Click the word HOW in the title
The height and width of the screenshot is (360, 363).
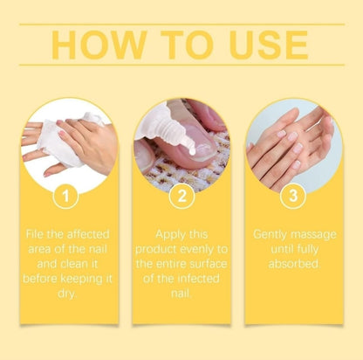(x=99, y=45)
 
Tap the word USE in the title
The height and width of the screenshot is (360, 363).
(x=269, y=45)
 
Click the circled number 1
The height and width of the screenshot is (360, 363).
(x=66, y=196)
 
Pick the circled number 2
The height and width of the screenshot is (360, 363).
(x=181, y=196)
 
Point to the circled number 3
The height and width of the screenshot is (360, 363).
(x=293, y=196)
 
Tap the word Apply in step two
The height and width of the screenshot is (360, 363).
(x=168, y=235)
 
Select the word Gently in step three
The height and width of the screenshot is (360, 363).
(x=270, y=235)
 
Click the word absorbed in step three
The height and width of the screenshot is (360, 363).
(x=294, y=264)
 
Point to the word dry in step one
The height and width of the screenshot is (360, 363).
(x=66, y=294)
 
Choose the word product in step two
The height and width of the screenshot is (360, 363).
(x=156, y=250)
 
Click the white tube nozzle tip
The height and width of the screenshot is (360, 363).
(x=192, y=151)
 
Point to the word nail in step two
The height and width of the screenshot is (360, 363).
(x=181, y=293)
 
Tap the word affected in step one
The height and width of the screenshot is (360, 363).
(x=88, y=234)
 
